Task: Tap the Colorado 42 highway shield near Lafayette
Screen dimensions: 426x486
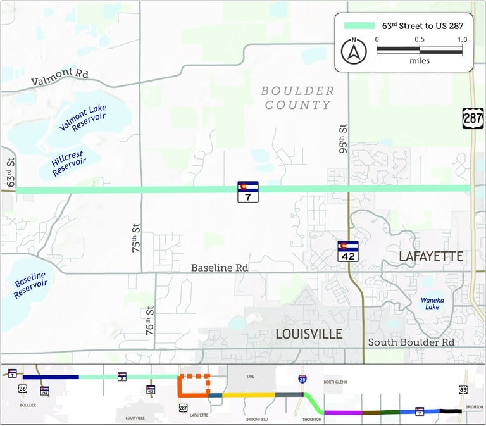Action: (347, 250)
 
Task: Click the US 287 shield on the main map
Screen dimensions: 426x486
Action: (471, 118)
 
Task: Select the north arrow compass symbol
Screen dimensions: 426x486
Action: (353, 51)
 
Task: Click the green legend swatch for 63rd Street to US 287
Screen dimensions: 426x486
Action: (358, 27)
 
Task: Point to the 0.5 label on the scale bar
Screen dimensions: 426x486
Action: (420, 39)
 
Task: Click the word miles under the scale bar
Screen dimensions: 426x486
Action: (419, 61)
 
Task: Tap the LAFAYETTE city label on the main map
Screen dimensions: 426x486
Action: (432, 256)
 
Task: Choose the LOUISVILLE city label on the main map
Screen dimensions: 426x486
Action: (308, 334)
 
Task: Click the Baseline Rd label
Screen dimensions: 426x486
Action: (220, 268)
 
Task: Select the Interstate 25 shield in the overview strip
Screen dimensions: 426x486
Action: (304, 379)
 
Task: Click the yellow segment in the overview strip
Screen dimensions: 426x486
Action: (249, 394)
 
